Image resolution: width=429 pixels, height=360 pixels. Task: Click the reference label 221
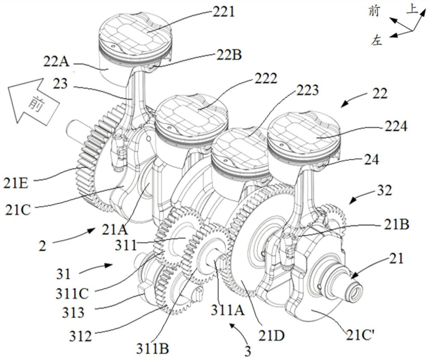(223, 12)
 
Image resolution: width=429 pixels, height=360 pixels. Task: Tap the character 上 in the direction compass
(412, 10)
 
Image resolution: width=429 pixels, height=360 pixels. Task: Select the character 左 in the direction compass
(376, 40)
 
